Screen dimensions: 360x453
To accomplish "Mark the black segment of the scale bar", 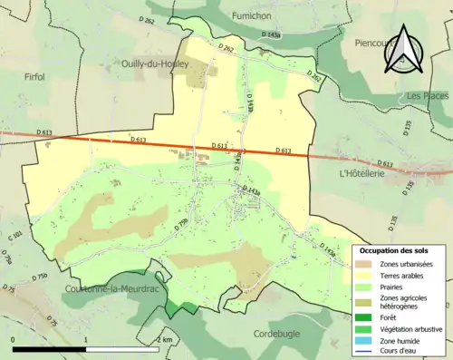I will (49, 349).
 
